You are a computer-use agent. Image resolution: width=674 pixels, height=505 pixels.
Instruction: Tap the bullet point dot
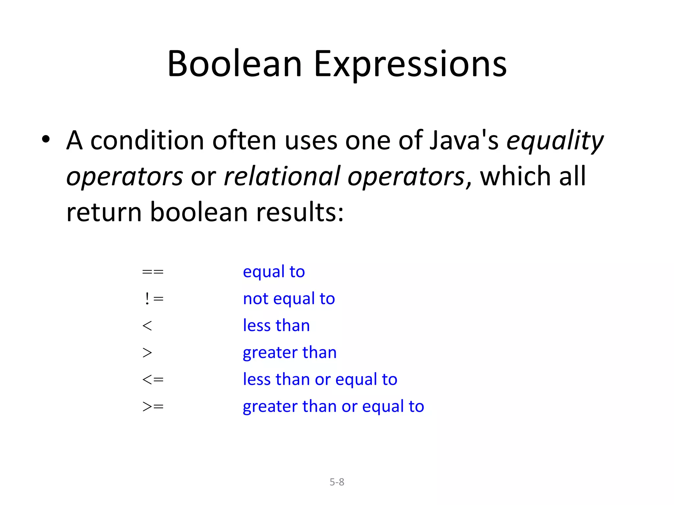click(x=46, y=139)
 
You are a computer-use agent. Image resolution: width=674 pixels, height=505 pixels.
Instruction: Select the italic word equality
click(x=555, y=141)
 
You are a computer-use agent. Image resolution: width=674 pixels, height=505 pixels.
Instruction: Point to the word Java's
click(x=464, y=141)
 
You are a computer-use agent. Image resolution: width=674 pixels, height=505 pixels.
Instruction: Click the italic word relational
click(x=282, y=176)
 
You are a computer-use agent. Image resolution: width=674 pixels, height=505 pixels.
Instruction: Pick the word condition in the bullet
click(x=147, y=141)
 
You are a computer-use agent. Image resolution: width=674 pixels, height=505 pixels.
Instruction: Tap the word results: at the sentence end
click(x=300, y=212)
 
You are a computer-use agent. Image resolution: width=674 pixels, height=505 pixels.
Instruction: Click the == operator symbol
click(x=153, y=272)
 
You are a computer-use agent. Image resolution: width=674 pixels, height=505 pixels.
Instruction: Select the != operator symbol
click(x=154, y=299)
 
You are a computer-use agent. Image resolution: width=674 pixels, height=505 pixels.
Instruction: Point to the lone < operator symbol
click(x=147, y=326)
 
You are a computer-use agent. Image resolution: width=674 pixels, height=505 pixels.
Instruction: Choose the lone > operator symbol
click(x=147, y=353)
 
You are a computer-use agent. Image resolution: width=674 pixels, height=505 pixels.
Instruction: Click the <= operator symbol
click(x=153, y=380)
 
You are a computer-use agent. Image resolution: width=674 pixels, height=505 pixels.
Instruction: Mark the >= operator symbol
click(x=153, y=407)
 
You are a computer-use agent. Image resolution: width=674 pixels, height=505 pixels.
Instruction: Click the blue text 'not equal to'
click(x=289, y=299)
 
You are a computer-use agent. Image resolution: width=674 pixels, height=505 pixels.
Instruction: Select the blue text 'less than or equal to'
click(x=320, y=379)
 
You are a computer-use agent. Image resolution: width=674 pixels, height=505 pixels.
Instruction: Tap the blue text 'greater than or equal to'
click(x=333, y=407)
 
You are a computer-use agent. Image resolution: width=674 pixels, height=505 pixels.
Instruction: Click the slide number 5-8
click(x=337, y=482)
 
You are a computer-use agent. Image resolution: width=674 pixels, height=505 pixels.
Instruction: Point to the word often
click(x=244, y=141)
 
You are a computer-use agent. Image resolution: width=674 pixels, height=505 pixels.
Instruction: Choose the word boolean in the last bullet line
click(x=199, y=212)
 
